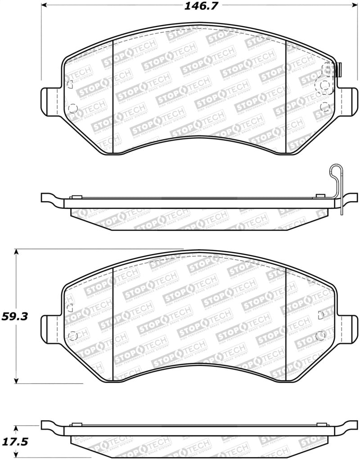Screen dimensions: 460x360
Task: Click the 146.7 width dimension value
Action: pyautogui.click(x=197, y=6)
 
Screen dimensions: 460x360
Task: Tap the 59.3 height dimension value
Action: pyautogui.click(x=15, y=316)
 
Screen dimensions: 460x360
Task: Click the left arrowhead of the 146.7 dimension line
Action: pyautogui.click(x=45, y=6)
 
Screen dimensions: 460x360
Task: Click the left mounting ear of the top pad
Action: pyautogui.click(x=50, y=100)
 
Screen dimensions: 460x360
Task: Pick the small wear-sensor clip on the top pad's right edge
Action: pyautogui.click(x=340, y=69)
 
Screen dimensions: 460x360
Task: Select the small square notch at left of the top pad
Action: pyautogui.click(x=69, y=83)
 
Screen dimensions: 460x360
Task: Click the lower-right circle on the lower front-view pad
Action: pyautogui.click(x=321, y=335)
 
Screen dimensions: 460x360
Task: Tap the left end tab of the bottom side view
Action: pyautogui.click(x=50, y=424)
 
